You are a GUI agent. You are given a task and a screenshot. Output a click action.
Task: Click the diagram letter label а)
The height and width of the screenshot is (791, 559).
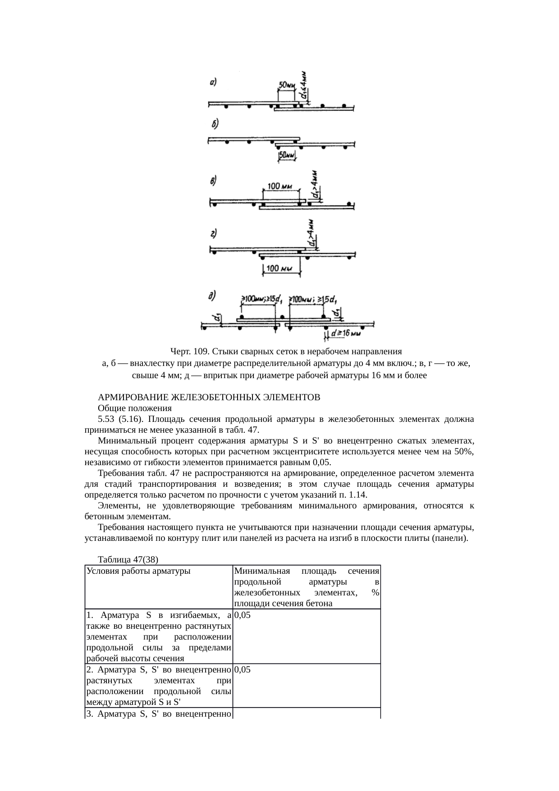(213, 82)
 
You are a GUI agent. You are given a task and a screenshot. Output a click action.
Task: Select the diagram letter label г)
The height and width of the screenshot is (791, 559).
(213, 233)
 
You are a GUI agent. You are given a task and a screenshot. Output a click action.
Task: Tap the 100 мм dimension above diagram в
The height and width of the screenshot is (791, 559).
(281, 186)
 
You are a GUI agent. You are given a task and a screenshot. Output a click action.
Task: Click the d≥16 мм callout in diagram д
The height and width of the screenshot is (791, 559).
(346, 334)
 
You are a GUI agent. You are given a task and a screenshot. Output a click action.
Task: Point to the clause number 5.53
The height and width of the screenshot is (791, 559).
(106, 419)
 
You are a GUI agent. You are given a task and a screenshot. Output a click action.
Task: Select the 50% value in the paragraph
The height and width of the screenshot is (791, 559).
(464, 452)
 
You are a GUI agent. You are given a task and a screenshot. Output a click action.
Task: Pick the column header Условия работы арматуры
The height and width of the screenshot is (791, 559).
(138, 571)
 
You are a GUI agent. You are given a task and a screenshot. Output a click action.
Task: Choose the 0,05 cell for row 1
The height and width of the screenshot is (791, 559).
(243, 615)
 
